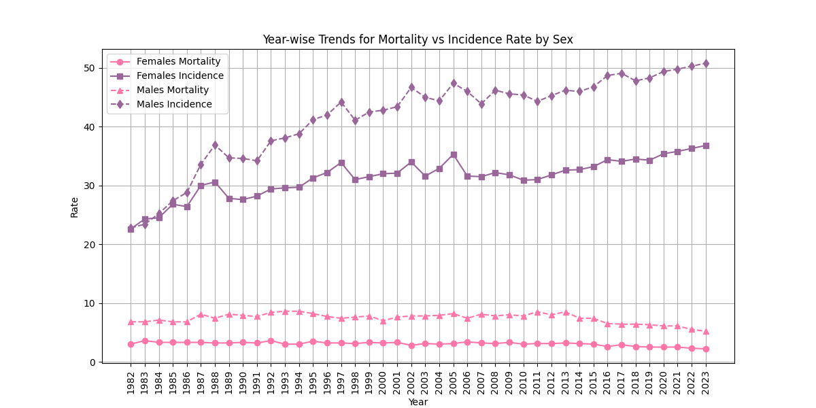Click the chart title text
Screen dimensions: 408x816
[418, 39]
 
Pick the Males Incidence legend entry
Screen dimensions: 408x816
[173, 104]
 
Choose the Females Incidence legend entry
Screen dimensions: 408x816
[180, 75]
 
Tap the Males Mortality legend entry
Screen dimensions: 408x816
[172, 90]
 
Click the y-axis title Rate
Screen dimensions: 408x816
[75, 207]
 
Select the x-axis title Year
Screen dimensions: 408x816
[418, 402]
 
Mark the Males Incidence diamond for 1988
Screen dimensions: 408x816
[215, 145]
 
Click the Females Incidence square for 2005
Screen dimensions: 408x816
[454, 155]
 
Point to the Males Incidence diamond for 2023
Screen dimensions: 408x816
[706, 63]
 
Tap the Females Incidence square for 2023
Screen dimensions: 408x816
[706, 146]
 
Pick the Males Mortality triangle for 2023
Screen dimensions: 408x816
[706, 331]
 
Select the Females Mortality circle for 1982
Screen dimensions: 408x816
[131, 344]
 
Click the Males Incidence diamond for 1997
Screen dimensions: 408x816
[341, 102]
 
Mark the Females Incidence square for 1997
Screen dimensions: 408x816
[341, 163]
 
